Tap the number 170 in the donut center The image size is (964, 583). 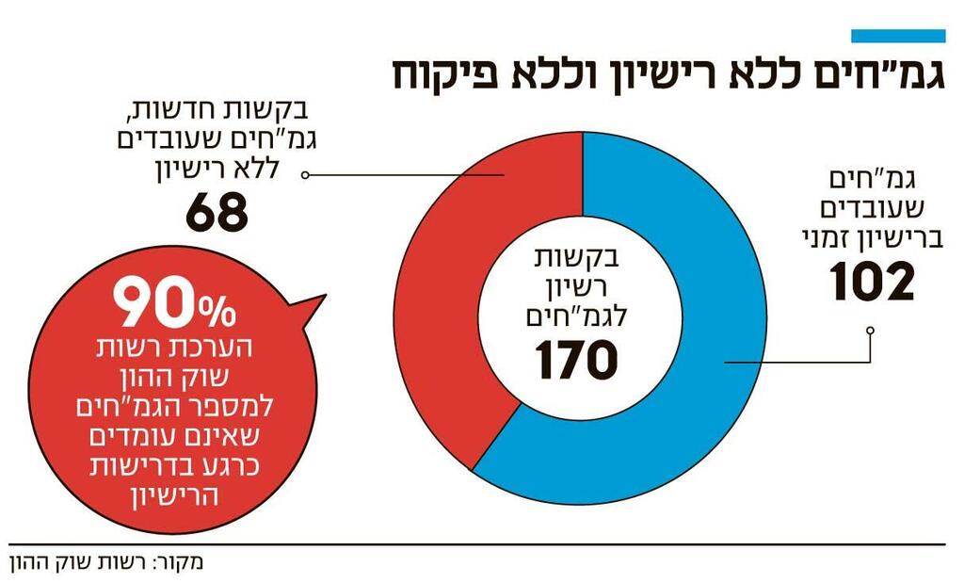tap(577, 360)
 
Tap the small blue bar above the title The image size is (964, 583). tap(897, 36)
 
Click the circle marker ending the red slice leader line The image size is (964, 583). tap(308, 175)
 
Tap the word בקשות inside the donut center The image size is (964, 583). tap(575, 254)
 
